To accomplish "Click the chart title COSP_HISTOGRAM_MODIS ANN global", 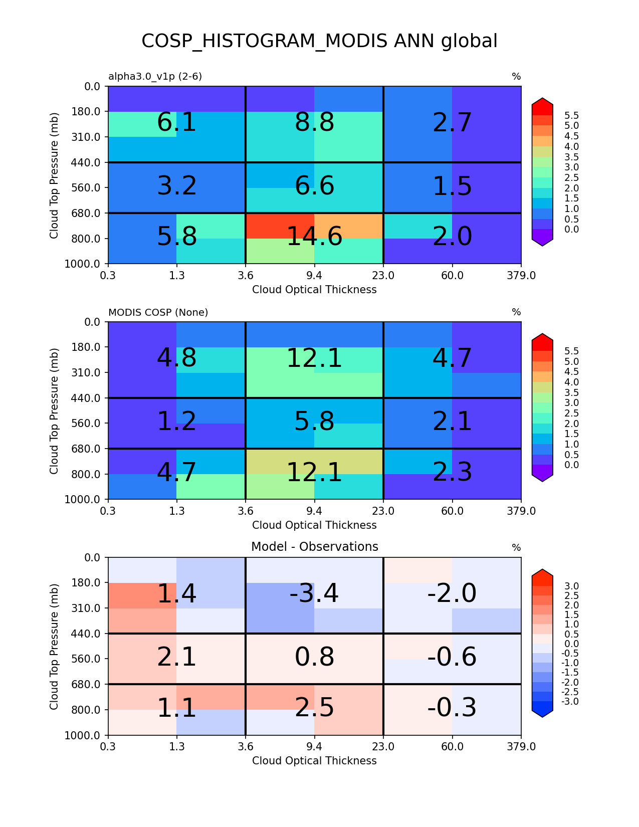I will coord(319,41).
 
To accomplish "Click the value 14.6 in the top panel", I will coord(314,237).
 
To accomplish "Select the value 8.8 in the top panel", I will coord(314,122).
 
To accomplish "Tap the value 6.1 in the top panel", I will coord(176,122).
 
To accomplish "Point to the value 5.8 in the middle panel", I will coord(314,422).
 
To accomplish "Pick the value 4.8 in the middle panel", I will coord(176,358).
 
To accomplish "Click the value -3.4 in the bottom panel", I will coord(314,593).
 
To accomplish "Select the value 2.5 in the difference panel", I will coord(314,708).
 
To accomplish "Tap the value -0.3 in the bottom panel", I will coord(452,708).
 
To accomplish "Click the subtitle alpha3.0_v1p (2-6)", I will coord(155,77).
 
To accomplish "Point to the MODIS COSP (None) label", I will coord(158,312).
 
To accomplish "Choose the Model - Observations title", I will coord(314,547).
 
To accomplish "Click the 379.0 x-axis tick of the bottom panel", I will coord(521,747).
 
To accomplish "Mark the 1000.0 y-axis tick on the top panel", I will coord(86,264).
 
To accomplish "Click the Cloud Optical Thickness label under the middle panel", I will coord(314,525).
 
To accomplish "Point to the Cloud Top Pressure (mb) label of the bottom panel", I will coord(54,646).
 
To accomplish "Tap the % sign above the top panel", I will coord(516,77).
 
